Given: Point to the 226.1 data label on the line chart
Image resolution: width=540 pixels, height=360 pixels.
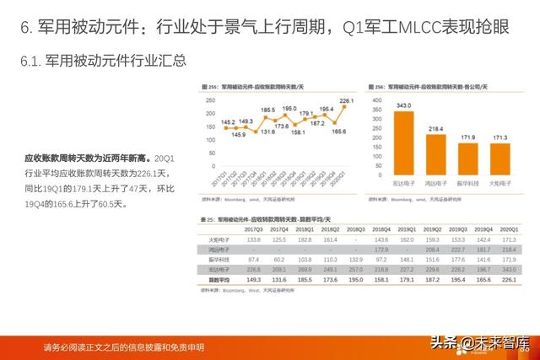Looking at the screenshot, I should coord(347,101).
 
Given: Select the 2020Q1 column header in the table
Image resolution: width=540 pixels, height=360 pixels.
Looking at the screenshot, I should coord(507,229).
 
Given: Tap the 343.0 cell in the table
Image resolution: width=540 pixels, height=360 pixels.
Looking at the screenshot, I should coord(507,268).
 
